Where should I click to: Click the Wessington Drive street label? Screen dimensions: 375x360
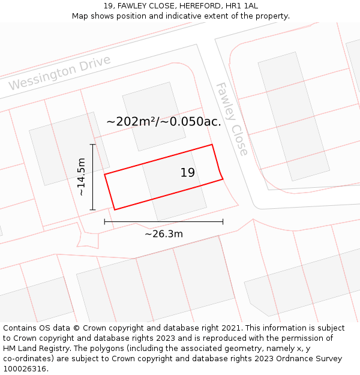60,73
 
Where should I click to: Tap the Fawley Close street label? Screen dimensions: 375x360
232,119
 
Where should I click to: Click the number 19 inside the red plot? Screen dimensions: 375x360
188,173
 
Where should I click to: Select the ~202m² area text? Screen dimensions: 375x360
131,121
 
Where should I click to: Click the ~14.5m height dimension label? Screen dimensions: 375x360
81,177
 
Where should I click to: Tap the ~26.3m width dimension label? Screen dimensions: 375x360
164,234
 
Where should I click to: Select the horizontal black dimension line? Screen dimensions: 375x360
164,221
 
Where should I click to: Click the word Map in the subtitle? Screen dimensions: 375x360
80,16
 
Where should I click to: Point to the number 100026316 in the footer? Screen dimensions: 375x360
24,369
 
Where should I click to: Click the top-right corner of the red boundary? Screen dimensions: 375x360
212,145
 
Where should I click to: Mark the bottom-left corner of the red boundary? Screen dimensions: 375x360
114,209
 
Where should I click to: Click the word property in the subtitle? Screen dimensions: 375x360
272,16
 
